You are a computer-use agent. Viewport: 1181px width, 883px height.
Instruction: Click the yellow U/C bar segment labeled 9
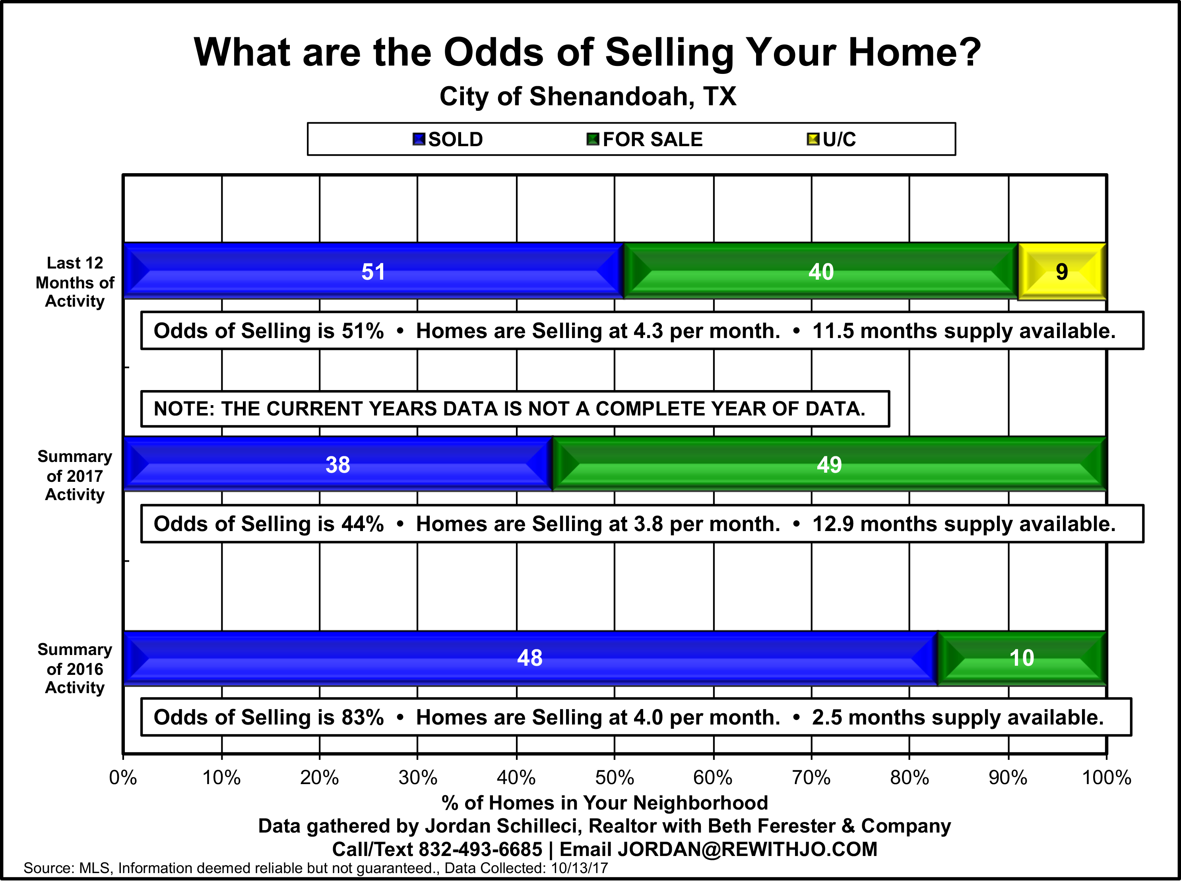[x=1062, y=272]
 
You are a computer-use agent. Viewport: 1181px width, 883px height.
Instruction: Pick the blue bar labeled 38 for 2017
[x=338, y=464]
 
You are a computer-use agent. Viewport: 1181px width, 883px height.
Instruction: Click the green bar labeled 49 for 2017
[x=830, y=464]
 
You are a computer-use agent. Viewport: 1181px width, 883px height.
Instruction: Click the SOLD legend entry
[x=448, y=139]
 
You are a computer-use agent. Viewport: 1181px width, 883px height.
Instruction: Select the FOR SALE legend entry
[x=644, y=139]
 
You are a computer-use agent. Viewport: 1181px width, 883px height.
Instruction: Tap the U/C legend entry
[x=831, y=139]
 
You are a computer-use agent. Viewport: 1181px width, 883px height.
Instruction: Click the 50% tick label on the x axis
[x=615, y=778]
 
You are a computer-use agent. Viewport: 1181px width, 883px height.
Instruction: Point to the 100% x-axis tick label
[x=1106, y=778]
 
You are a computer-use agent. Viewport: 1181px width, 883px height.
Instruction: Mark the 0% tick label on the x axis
[x=123, y=778]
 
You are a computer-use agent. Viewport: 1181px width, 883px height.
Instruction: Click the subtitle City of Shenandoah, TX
[x=588, y=97]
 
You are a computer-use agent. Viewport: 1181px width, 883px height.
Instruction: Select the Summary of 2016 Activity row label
[x=75, y=669]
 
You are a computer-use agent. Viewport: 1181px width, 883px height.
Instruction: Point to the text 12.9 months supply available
[x=964, y=524]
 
